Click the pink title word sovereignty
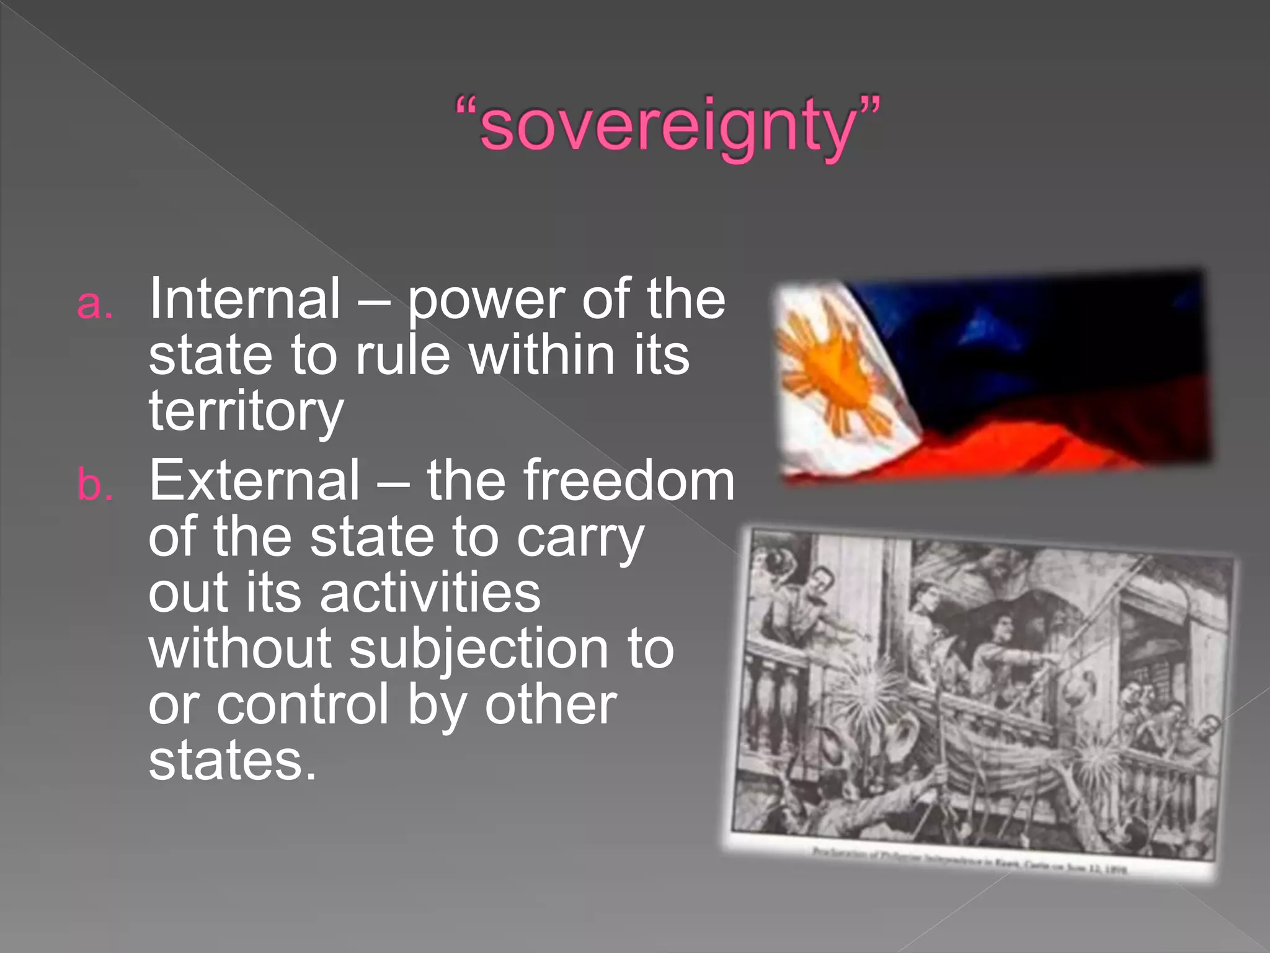click(x=667, y=127)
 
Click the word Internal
click(x=245, y=299)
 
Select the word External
click(x=254, y=480)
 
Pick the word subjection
click(x=479, y=649)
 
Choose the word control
click(x=303, y=705)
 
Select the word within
click(x=541, y=356)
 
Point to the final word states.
click(x=232, y=761)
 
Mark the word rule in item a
click(x=402, y=356)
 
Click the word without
click(x=239, y=649)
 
